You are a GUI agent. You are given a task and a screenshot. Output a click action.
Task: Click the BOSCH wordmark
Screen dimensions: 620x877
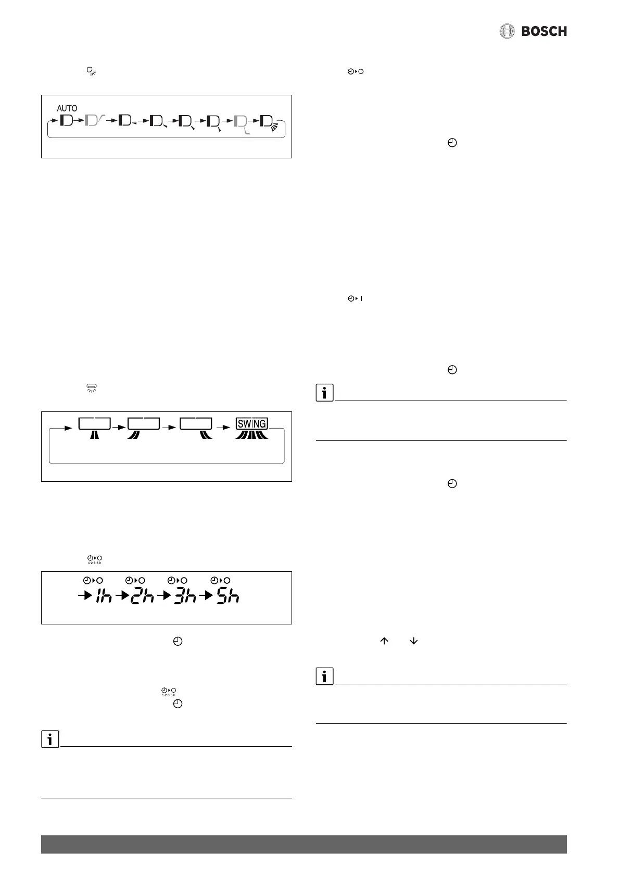[x=544, y=31]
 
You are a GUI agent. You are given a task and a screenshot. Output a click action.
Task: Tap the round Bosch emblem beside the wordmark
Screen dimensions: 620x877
[x=507, y=31]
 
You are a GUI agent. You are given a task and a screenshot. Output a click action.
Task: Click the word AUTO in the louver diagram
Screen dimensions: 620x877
[x=67, y=108]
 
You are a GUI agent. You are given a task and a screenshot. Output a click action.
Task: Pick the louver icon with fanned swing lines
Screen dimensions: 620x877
[x=268, y=123]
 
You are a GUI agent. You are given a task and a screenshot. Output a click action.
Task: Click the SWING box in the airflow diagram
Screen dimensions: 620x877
[x=252, y=423]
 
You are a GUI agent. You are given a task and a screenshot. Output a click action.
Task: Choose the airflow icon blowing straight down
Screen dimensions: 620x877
[x=94, y=433]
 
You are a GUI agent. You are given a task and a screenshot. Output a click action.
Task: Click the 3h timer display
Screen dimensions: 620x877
[x=185, y=596]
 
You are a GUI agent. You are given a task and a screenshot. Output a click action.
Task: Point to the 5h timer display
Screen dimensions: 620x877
[x=228, y=596]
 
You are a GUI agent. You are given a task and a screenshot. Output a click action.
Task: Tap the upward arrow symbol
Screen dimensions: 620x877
[x=385, y=642]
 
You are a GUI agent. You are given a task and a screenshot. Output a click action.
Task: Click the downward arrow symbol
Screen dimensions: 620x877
[x=414, y=642]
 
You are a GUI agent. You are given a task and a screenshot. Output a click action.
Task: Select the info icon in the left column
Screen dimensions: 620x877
[x=50, y=739]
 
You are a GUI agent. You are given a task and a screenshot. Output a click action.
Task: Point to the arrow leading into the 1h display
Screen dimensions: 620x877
[x=84, y=597]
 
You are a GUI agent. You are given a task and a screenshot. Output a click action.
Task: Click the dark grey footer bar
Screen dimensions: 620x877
[x=303, y=844]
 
